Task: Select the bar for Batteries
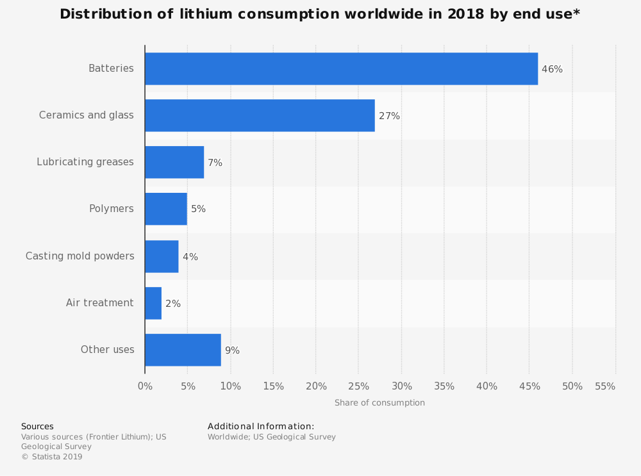(341, 69)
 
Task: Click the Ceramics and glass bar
(260, 115)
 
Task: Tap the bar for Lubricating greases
(174, 162)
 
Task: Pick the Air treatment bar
(153, 303)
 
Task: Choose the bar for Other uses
(183, 350)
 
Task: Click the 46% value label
(552, 69)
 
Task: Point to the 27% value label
(389, 116)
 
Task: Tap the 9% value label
(232, 350)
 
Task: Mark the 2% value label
(172, 304)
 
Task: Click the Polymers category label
(112, 209)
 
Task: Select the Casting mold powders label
(80, 256)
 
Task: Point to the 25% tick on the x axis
(359, 386)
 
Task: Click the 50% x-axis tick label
(572, 386)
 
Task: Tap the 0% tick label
(145, 386)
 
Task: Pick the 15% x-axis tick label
(273, 386)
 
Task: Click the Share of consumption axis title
(379, 403)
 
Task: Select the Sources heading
(37, 427)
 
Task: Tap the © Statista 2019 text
(52, 457)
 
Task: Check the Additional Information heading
(261, 427)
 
